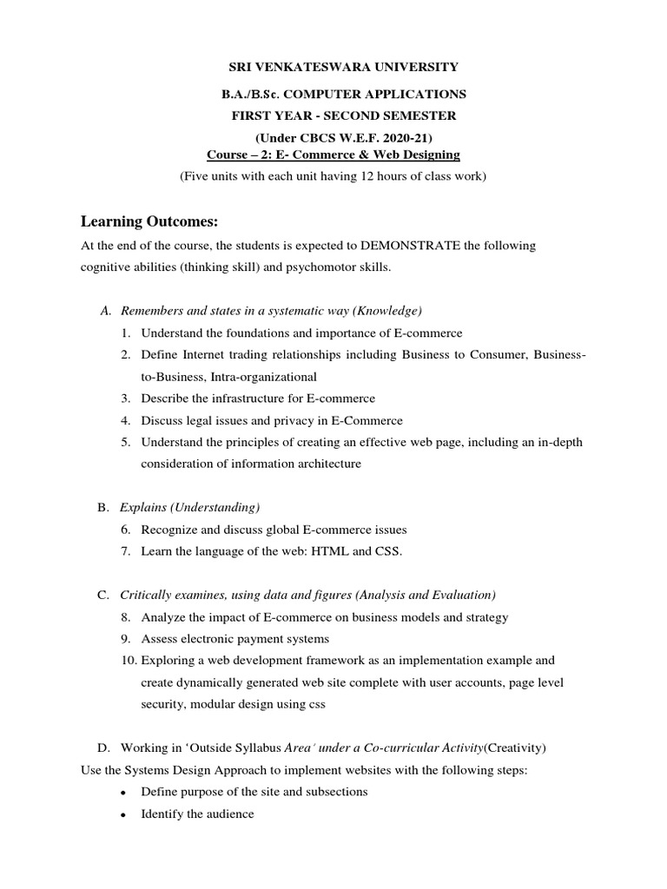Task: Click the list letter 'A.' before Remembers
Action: click(x=107, y=311)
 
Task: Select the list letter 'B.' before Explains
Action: click(x=103, y=507)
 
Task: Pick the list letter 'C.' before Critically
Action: click(x=103, y=595)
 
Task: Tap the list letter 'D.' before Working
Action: click(x=104, y=747)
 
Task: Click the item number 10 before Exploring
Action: click(x=128, y=661)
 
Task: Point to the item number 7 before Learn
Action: click(x=126, y=551)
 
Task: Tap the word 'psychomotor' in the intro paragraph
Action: click(x=302, y=267)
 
